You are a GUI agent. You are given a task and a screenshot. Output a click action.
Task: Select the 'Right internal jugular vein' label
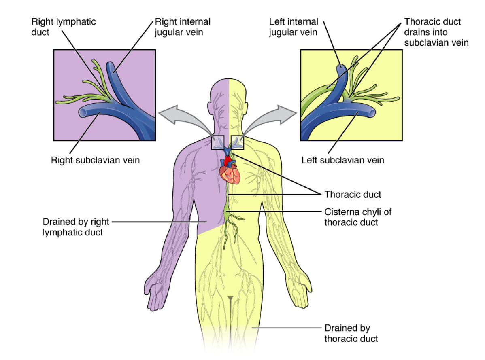183,26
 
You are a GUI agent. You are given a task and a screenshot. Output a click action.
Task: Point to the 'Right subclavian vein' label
95,160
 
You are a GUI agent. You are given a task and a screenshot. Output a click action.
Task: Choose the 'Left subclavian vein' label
342,160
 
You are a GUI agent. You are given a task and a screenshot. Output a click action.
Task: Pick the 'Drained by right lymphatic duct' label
72,227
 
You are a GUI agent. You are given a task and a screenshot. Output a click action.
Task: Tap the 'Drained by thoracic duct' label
351,333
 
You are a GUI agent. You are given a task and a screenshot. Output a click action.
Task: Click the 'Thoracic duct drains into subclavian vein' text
436,32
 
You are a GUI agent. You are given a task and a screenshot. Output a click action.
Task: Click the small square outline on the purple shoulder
218,142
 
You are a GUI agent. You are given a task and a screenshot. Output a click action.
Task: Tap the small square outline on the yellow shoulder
237,142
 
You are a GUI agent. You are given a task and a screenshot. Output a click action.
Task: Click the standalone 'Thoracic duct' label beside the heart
353,195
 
